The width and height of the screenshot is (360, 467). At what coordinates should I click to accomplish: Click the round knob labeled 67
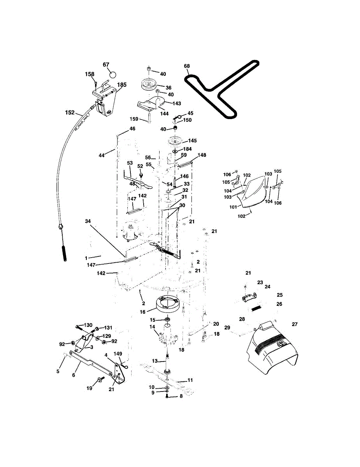pos(113,74)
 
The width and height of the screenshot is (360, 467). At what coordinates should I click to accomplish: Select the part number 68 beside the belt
pos(187,66)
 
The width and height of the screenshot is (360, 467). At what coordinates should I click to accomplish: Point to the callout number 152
pos(70,112)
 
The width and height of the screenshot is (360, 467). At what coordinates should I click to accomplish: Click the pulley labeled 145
pos(176,140)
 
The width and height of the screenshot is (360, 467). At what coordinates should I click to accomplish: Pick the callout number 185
pos(122,84)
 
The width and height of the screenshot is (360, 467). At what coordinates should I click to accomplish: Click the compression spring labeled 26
pos(255,308)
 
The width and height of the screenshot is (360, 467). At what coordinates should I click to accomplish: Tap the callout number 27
pos(294,324)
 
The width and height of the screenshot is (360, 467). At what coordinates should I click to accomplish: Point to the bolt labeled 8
pos(167,396)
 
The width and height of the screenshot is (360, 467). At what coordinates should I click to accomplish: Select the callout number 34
pos(88,221)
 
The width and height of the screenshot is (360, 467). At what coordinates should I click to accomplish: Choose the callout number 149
pos(118,354)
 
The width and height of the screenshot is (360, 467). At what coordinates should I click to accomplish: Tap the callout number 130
pos(88,325)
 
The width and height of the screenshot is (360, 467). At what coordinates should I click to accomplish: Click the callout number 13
pos(155,361)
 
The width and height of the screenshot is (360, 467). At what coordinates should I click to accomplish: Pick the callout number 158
pos(90,74)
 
